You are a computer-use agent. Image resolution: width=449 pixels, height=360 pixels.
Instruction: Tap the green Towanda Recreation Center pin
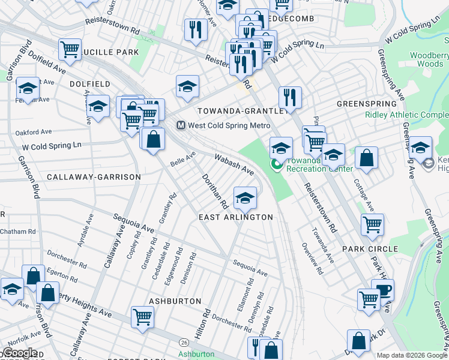click(276, 163)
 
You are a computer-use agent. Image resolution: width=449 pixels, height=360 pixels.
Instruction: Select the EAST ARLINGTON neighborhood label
click(236, 217)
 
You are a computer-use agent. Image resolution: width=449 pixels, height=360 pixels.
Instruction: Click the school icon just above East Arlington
click(245, 197)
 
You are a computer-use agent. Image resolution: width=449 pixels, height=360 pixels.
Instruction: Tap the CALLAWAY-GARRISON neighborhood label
click(94, 177)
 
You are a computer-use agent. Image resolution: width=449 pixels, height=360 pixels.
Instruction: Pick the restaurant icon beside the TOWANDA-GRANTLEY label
click(290, 97)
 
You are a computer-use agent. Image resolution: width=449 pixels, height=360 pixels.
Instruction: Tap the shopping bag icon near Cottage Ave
click(366, 158)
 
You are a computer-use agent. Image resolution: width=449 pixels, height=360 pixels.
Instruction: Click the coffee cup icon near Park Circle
click(383, 289)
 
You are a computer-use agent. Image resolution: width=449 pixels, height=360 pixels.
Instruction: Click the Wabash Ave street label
click(235, 164)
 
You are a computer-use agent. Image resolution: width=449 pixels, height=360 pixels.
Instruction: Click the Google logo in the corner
click(19, 353)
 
